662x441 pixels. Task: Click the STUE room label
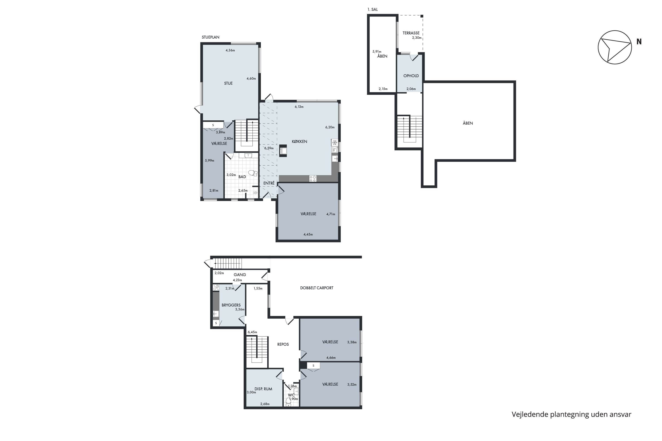coord(228,83)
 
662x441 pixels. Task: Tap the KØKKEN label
coord(299,142)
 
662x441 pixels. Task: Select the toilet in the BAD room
coord(253,173)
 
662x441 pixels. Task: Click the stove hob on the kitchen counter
coord(313,178)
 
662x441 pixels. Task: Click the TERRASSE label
coord(411,33)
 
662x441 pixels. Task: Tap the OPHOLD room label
coord(411,76)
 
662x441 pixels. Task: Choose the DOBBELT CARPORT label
coord(317,288)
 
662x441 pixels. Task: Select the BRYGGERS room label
coord(231,305)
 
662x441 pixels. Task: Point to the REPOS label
coord(283,344)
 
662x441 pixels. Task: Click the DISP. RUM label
coord(263,389)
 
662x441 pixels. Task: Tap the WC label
coord(291,395)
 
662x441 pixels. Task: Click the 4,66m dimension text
coord(331,358)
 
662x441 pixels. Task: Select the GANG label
coord(240,275)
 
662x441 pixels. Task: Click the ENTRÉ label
coord(269,183)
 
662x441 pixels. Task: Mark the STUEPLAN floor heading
coord(211,37)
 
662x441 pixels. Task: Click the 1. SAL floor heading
coord(373,9)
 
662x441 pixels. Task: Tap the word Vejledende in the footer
coord(530,414)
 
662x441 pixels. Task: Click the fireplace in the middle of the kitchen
coord(283,150)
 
